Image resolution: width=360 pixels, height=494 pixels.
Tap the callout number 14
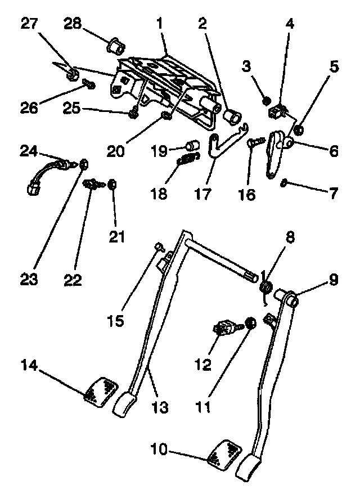pyautogui.click(x=31, y=366)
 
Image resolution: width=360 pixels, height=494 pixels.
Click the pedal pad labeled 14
pyautogui.click(x=101, y=392)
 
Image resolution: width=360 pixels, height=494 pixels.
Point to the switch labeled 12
pyautogui.click(x=227, y=327)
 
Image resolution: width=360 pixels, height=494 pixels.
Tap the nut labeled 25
pyautogui.click(x=133, y=114)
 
